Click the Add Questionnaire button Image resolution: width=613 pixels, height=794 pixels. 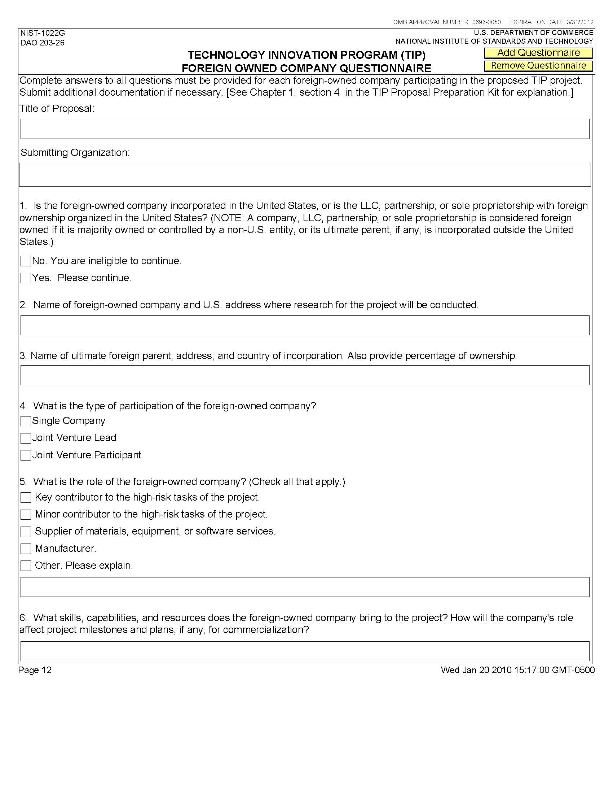(538, 53)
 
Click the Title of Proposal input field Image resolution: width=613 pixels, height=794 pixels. (305, 129)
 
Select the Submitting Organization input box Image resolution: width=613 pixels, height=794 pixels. (305, 175)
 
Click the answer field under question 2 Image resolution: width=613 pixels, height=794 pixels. (305, 326)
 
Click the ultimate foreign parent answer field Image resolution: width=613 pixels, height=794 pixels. (305, 375)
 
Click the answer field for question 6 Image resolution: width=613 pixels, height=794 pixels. (305, 651)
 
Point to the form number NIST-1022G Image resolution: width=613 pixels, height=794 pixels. (43, 34)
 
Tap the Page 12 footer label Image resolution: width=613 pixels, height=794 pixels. (35, 670)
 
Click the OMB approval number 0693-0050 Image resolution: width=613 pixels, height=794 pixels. (486, 22)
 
